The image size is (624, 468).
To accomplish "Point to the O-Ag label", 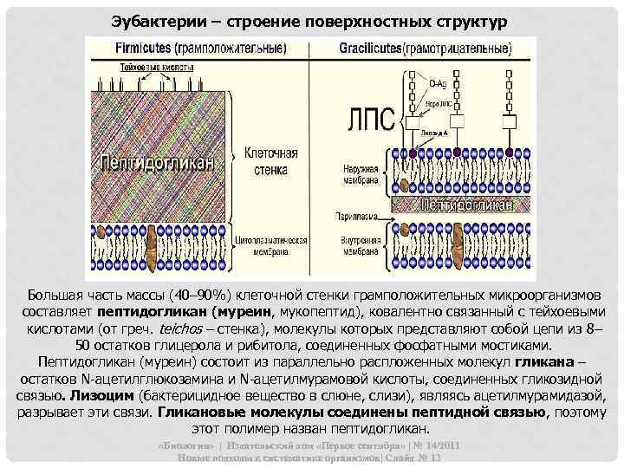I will coord(439,83).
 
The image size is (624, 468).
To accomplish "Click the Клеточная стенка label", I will coord(271,160).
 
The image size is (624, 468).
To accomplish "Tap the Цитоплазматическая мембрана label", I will coord(271,244).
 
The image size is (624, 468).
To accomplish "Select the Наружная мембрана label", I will coord(356,174).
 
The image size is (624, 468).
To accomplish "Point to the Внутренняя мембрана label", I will coord(356,244).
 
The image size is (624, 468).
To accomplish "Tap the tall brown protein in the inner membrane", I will coord(406,243).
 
